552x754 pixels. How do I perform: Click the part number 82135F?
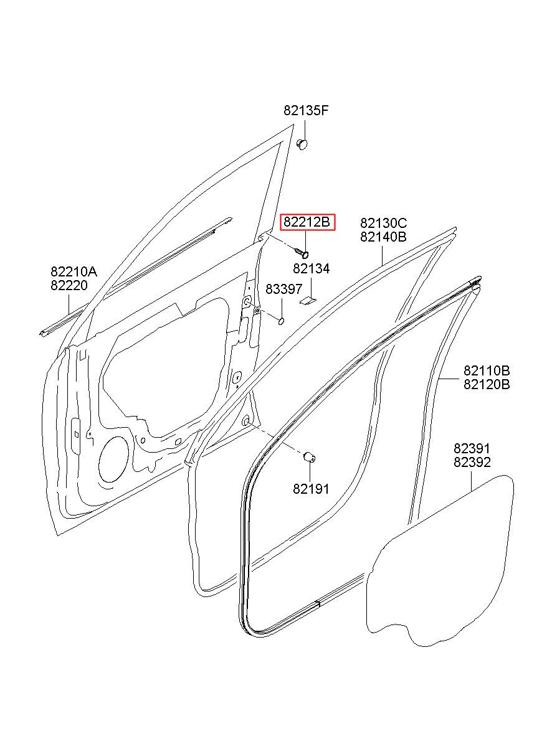[x=305, y=110]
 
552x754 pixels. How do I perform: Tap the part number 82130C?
[x=383, y=223]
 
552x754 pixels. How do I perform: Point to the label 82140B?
[x=383, y=237]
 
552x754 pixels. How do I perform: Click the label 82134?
[x=311, y=268]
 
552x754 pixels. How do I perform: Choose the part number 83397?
[x=284, y=289]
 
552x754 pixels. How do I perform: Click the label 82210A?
[x=74, y=271]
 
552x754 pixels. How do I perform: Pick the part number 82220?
[x=69, y=285]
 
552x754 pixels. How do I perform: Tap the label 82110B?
[x=487, y=370]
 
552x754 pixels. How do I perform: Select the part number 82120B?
[x=487, y=384]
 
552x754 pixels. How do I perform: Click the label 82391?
[x=472, y=448]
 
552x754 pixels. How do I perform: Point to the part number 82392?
[x=472, y=463]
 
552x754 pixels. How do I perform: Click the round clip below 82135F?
[x=302, y=144]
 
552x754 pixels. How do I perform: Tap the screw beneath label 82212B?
[x=302, y=252]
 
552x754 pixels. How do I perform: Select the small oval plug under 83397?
[x=280, y=321]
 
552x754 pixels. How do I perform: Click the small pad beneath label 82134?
[x=308, y=301]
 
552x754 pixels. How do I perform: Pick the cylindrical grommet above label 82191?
[x=310, y=457]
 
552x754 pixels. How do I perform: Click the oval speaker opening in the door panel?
[x=113, y=459]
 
